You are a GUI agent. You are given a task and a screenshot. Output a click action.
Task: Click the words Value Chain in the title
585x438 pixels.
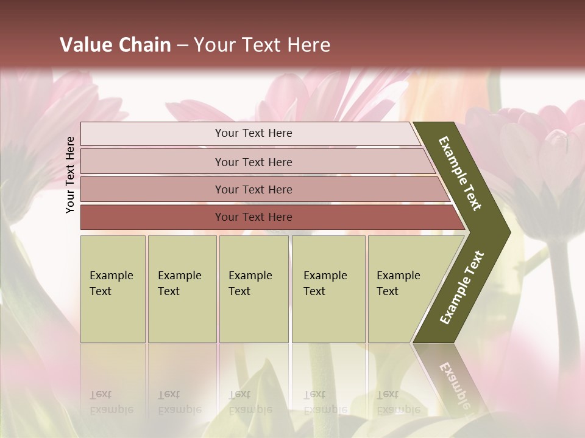pos(115,45)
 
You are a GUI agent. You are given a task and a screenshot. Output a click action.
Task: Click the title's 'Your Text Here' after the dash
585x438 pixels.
pos(262,45)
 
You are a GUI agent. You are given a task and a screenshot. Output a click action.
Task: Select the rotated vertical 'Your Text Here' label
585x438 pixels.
pos(70,175)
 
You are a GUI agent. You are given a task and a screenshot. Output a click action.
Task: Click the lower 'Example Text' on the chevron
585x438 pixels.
pos(462,288)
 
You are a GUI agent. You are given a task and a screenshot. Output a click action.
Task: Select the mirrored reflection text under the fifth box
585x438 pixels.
pos(398,402)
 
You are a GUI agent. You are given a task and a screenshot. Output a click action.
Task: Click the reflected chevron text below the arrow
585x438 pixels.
pos(454,383)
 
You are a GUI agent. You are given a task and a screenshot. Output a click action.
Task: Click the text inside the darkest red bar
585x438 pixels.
pos(253,217)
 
